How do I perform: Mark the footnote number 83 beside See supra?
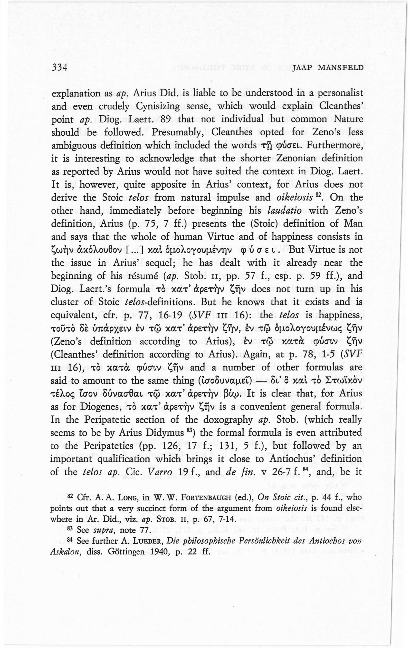(x=70, y=528)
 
